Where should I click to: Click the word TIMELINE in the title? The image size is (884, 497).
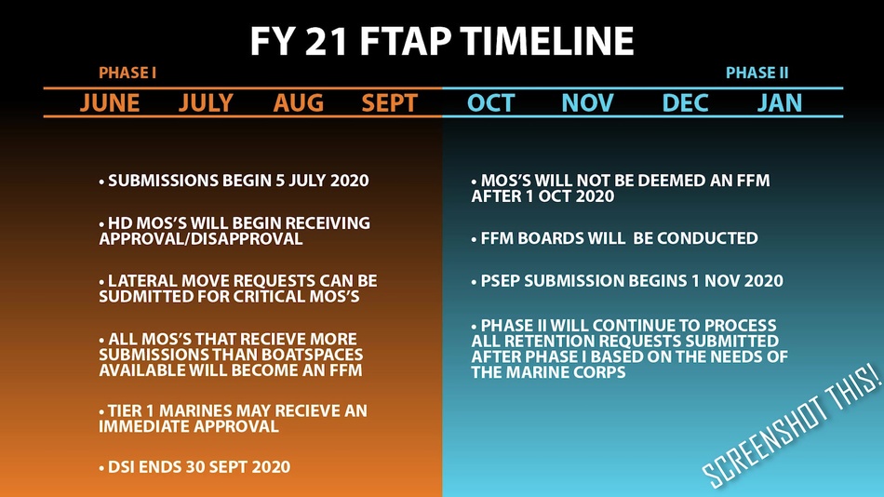point(546,41)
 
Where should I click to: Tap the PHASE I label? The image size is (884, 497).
point(127,73)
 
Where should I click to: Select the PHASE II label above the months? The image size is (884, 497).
point(757,73)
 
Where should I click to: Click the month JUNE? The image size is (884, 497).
point(110,102)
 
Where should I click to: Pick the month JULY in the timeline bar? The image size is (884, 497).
point(206,102)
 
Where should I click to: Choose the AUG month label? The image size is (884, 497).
point(299,102)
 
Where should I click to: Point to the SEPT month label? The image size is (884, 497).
point(390,102)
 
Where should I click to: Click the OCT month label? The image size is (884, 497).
point(491,102)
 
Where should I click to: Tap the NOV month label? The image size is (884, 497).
point(587,102)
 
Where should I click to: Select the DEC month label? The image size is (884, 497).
point(685,102)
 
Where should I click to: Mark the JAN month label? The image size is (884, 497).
point(779,102)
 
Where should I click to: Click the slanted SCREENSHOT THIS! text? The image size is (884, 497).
point(792,426)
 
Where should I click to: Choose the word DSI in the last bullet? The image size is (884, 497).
point(121,467)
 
